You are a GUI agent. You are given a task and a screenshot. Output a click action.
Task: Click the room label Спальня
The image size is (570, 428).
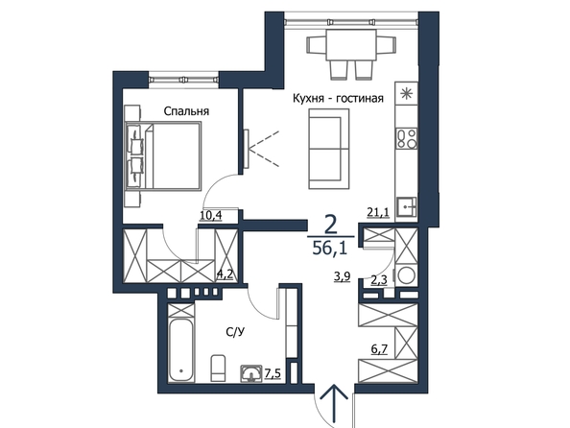click(186, 111)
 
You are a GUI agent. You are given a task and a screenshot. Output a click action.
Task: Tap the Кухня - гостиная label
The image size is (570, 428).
click(338, 98)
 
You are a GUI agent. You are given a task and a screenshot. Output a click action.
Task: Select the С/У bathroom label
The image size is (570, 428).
click(234, 332)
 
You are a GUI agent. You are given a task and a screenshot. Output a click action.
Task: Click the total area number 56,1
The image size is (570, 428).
click(330, 249)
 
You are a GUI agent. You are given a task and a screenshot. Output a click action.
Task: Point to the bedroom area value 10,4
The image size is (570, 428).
click(211, 216)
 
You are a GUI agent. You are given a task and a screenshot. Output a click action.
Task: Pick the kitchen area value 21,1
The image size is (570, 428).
click(378, 212)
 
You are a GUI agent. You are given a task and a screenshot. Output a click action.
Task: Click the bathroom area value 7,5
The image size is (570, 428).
click(273, 373)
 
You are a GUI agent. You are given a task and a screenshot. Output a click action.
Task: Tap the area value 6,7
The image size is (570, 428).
click(379, 349)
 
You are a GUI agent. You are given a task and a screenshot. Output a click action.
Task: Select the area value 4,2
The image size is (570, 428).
click(225, 274)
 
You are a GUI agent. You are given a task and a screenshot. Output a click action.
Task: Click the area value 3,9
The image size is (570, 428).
click(342, 276)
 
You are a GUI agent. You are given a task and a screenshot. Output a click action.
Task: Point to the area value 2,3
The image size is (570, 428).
click(379, 279)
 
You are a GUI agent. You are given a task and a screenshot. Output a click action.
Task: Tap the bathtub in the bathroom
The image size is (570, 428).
click(181, 350)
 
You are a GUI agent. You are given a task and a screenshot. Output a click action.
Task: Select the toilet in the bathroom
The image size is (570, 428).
click(218, 368)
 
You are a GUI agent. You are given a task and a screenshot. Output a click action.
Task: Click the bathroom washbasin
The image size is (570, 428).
click(250, 373)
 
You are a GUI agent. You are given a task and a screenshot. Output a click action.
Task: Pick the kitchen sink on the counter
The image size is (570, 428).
click(407, 207)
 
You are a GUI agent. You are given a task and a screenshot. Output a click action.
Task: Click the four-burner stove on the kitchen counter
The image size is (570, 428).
click(407, 138)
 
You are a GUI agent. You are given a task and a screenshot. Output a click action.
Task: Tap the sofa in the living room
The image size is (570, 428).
click(329, 149)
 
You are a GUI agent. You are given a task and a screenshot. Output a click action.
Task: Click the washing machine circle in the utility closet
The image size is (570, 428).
click(407, 275)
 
